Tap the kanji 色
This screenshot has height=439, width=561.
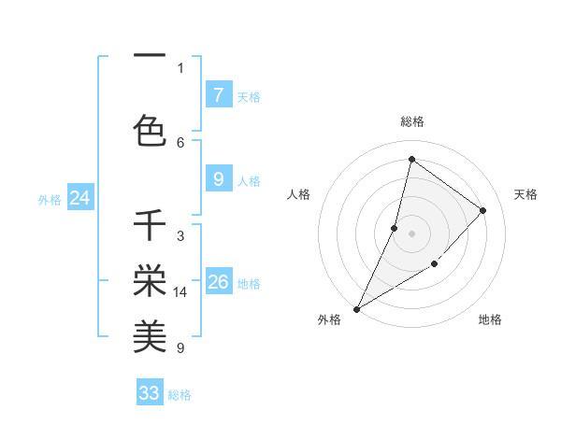[x=150, y=129]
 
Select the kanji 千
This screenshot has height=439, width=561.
[x=150, y=227]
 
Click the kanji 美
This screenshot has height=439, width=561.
[x=150, y=335]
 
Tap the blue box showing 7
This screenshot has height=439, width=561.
[x=218, y=94]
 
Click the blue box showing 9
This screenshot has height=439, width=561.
[x=218, y=179]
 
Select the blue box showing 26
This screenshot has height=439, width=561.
[x=218, y=282]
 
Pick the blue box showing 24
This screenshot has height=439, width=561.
[x=79, y=198]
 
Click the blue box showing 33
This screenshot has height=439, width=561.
[x=150, y=393]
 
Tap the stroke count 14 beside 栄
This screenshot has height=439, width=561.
[x=180, y=292]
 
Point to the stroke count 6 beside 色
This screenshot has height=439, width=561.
[x=180, y=142]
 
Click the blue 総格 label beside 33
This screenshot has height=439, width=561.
[x=180, y=395]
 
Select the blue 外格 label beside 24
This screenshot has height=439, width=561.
[x=50, y=199]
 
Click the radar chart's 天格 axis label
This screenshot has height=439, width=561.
[x=525, y=194]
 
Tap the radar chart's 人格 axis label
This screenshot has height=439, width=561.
[x=298, y=194]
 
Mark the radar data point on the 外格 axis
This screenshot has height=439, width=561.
[x=356, y=309]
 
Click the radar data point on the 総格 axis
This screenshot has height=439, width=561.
[x=411, y=159]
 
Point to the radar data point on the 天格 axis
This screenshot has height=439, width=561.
[x=483, y=210]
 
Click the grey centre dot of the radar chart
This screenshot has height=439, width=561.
[x=411, y=234]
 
